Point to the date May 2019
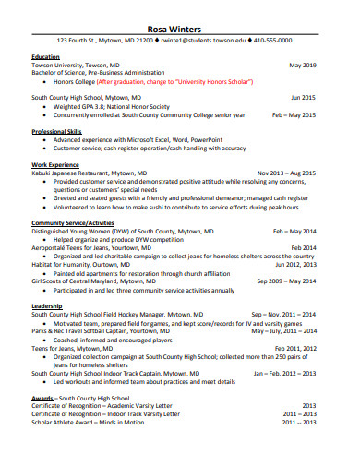click(x=303, y=66)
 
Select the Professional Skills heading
click(x=59, y=132)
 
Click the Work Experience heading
click(x=57, y=163)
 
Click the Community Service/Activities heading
click(x=73, y=223)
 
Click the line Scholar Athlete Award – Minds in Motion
click(x=93, y=422)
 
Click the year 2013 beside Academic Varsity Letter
click(x=308, y=404)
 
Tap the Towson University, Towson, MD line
click(x=76, y=66)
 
